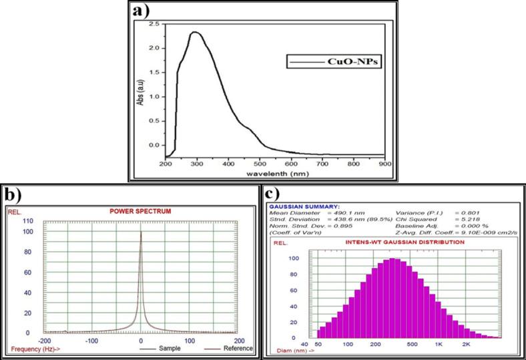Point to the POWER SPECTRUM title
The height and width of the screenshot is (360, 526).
(140, 212)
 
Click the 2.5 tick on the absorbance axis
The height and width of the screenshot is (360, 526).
(154, 24)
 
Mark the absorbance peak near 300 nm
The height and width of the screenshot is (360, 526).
(195, 32)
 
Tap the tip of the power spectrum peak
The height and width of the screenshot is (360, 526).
(140, 232)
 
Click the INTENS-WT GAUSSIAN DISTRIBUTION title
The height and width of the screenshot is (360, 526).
(400, 242)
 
